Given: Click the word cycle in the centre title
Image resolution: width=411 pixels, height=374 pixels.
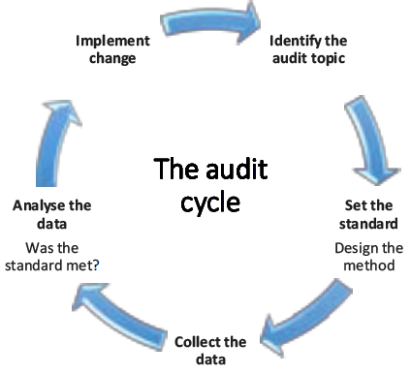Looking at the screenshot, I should pyautogui.click(x=209, y=205).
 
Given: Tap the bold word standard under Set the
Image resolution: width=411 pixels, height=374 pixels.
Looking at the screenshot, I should pyautogui.click(x=368, y=222).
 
